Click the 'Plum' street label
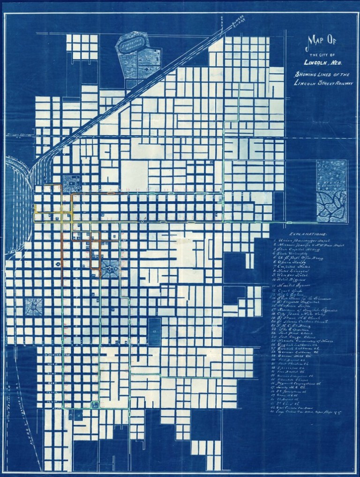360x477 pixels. click(x=51, y=402)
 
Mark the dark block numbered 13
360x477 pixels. click(x=154, y=332)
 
